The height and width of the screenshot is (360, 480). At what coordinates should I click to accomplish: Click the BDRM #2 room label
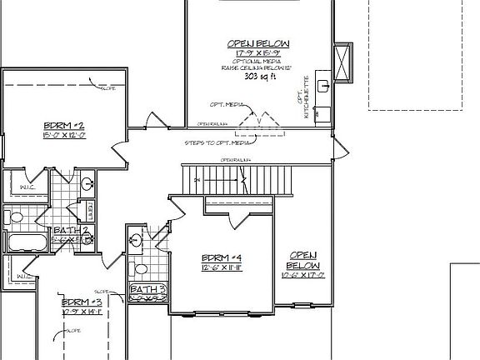point(61,126)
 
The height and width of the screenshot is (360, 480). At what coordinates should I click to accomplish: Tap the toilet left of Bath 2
point(15,218)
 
